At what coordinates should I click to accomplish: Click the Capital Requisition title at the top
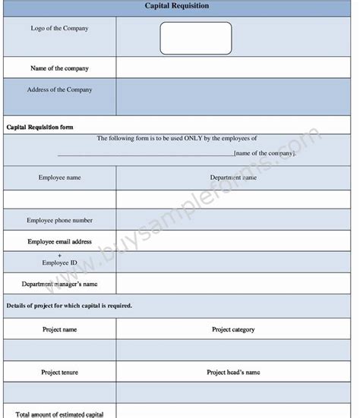coord(177,6)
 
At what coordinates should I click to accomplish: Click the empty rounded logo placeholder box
coord(196,38)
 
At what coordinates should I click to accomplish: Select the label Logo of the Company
coord(59,28)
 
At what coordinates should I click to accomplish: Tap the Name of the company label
coord(59,68)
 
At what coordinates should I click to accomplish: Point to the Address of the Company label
coord(59,90)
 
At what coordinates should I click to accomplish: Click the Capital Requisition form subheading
coord(39,127)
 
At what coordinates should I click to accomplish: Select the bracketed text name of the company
coord(264,153)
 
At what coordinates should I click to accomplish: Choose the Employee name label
coord(59,178)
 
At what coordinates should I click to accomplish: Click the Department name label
coord(233,178)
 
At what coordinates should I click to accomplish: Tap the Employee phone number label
coord(59,220)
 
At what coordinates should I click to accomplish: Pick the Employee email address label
coord(59,241)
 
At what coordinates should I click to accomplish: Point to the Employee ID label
coord(59,262)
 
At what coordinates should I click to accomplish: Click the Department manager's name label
coord(59,284)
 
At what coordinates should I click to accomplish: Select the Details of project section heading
coord(69,306)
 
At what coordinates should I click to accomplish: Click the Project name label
coord(59,329)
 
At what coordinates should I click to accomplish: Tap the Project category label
coord(233,329)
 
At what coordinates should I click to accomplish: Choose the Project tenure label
coord(59,372)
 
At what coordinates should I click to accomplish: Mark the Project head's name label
coord(233,372)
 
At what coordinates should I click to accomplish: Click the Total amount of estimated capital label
coord(59,413)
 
